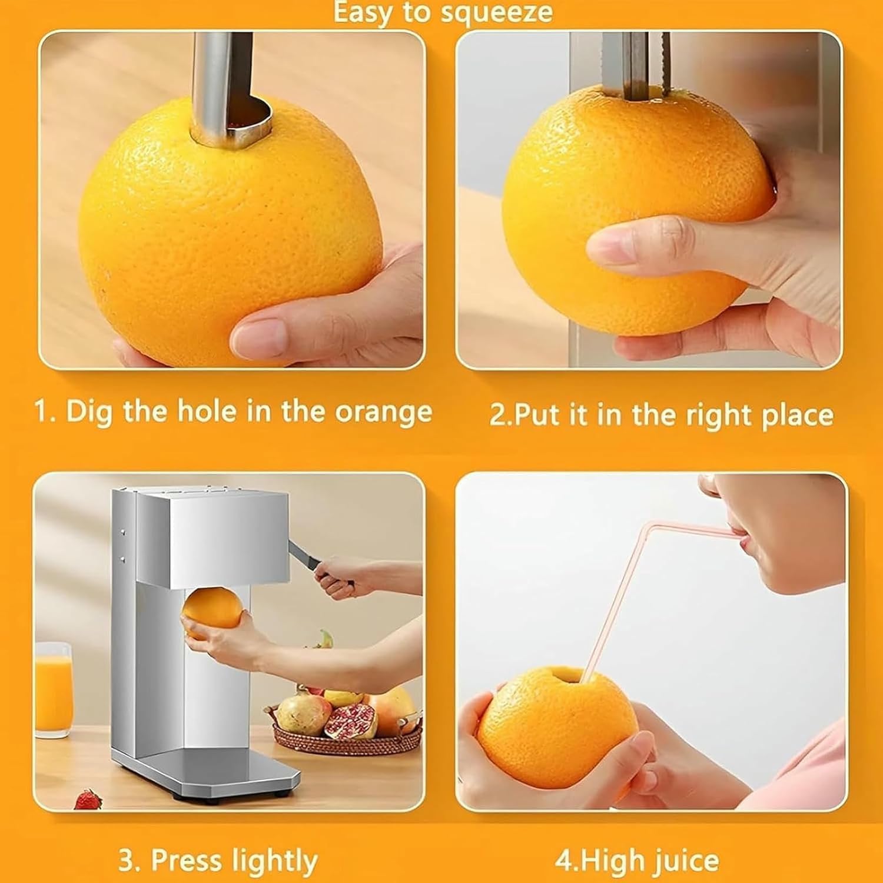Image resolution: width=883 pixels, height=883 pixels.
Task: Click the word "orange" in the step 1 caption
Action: [383, 411]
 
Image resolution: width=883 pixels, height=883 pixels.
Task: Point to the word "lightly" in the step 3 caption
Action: [274, 861]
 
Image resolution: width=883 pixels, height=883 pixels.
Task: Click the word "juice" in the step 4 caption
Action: [685, 861]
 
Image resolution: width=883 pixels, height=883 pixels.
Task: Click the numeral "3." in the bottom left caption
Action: [129, 861]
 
